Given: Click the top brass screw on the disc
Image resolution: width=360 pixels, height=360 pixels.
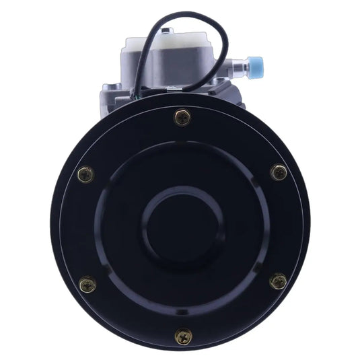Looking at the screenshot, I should tap(182, 118).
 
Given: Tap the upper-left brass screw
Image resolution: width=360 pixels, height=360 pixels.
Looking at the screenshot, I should tap(85, 174).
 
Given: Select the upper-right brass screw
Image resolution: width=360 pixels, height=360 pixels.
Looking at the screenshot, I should tap(278, 173).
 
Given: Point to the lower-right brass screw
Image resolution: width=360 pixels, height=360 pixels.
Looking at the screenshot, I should tap(278, 281).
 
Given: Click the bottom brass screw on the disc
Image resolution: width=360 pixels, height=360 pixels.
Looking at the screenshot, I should tap(182, 336).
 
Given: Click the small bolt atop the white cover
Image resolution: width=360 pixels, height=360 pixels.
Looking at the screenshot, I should tap(169, 32).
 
